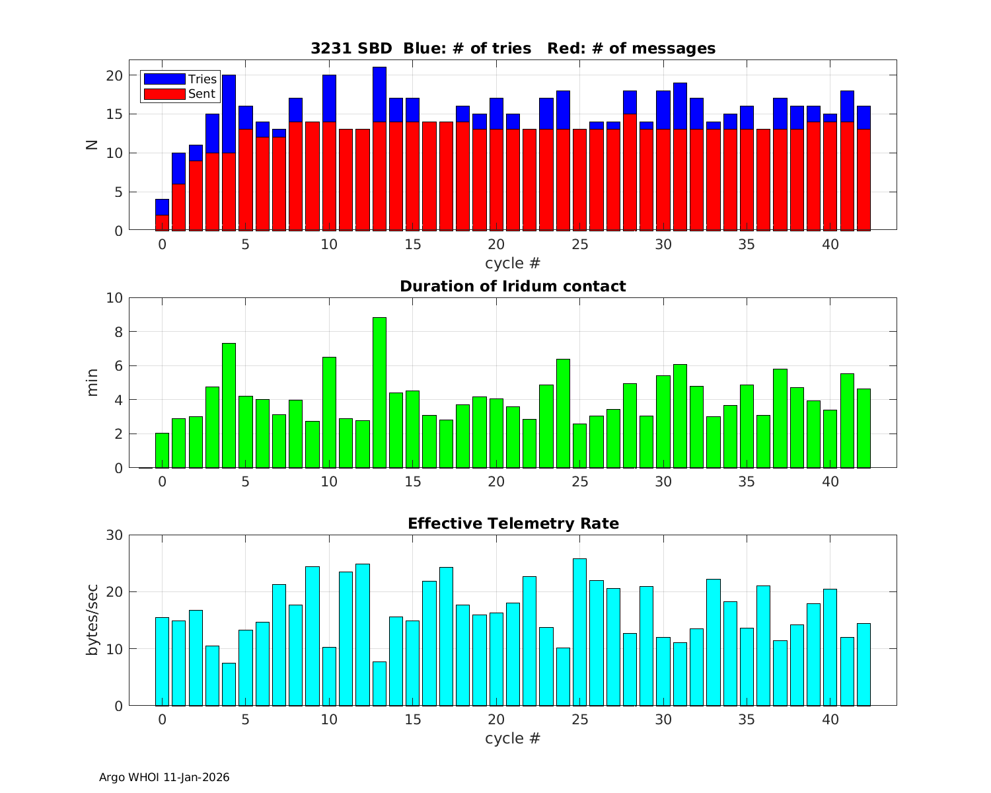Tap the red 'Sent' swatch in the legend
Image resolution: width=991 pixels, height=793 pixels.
pos(164,94)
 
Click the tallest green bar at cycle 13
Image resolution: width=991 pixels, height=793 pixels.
pos(379,393)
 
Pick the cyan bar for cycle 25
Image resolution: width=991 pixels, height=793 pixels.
pos(579,632)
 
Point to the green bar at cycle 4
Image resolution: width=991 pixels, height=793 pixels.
pos(229,405)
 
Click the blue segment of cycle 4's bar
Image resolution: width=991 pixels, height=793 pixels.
pos(229,114)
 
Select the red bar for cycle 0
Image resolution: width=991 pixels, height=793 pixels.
pos(162,223)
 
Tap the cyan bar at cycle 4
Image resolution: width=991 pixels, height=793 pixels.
pos(229,684)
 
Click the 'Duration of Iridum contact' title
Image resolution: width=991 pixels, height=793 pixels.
pos(513,286)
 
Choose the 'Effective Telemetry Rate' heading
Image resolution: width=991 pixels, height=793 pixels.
pos(513,523)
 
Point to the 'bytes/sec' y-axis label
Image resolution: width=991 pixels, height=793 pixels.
pos(92,620)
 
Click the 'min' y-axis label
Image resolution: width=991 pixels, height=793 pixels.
pos(92,383)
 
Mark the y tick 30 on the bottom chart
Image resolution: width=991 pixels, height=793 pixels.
pos(114,535)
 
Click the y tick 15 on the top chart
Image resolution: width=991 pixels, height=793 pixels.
pos(114,114)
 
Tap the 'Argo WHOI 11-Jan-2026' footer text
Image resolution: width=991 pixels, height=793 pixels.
pos(164,777)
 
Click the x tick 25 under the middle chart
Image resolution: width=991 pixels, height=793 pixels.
pos(579,482)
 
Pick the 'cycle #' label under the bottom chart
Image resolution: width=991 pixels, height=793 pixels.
pos(513,738)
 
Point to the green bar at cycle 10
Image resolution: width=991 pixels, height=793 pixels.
pos(329,412)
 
